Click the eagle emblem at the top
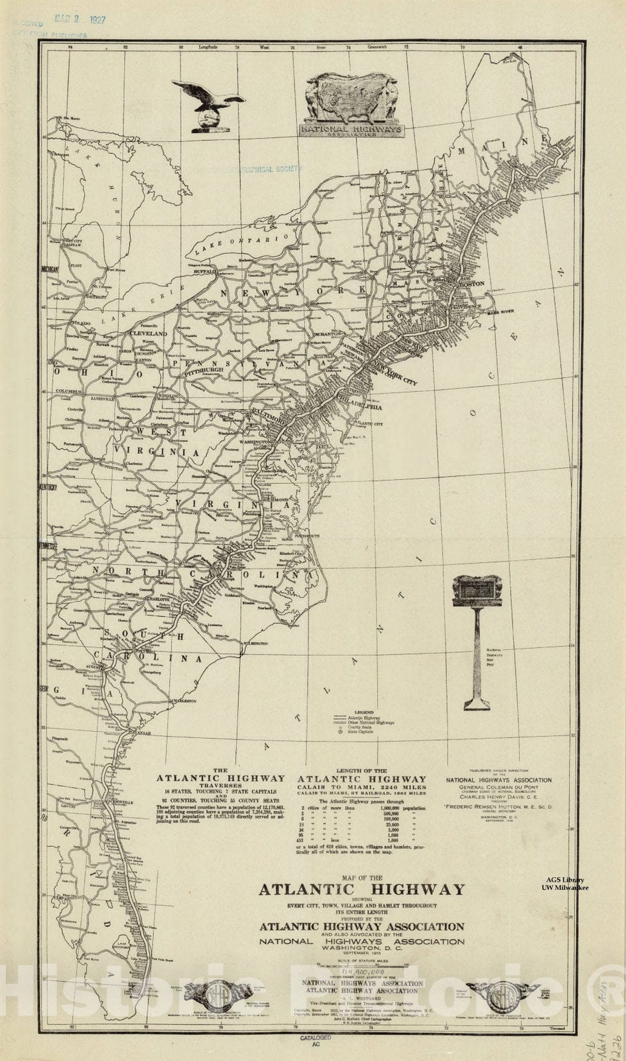pyautogui.click(x=208, y=105)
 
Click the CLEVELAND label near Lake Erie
pyautogui.click(x=147, y=334)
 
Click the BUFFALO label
pyautogui.click(x=205, y=272)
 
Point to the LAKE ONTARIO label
pyautogui.click(x=241, y=243)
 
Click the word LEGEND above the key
pyautogui.click(x=364, y=712)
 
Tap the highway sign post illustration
pyautogui.click(x=477, y=637)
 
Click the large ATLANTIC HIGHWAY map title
pyautogui.click(x=361, y=889)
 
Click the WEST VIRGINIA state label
pyautogui.click(x=158, y=442)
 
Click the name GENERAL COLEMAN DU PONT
pyautogui.click(x=498, y=788)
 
